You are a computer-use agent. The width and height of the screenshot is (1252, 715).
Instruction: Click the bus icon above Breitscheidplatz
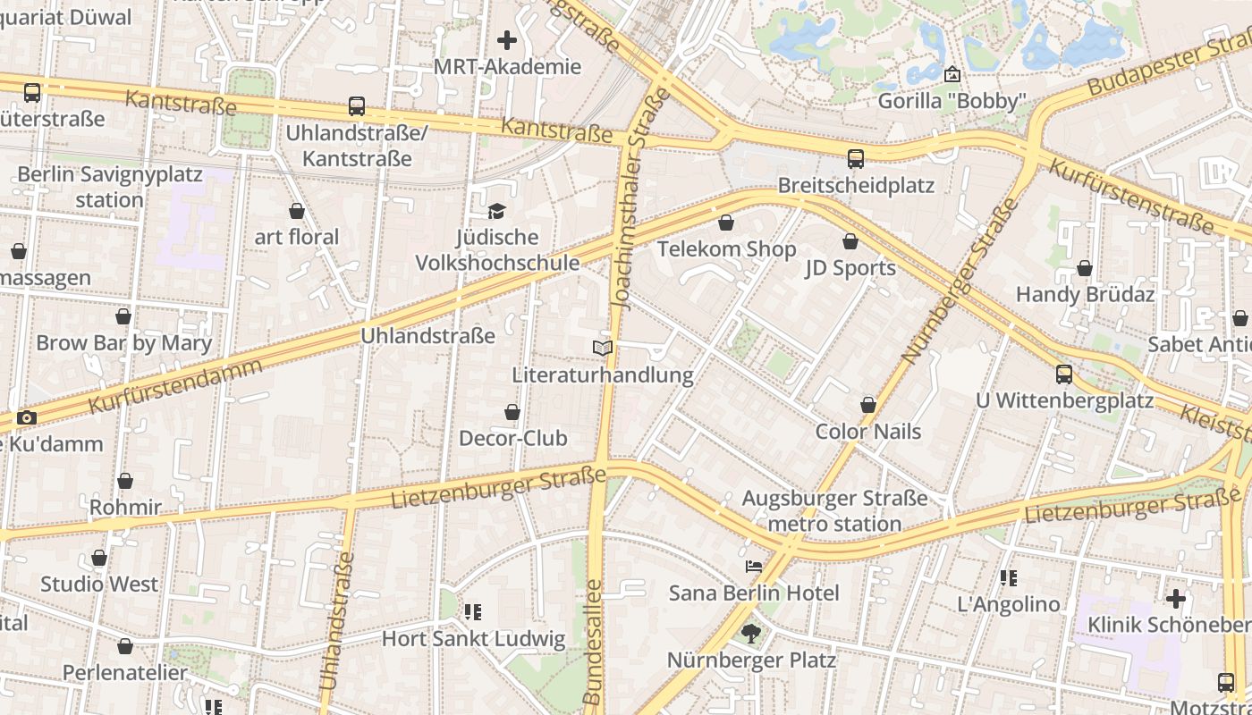click(856, 159)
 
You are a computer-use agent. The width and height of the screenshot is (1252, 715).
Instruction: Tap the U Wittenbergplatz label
click(1064, 400)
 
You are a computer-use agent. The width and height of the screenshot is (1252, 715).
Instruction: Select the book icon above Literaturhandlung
click(603, 348)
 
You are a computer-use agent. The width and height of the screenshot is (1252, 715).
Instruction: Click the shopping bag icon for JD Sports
click(850, 241)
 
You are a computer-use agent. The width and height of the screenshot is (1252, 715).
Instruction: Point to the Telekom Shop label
click(726, 249)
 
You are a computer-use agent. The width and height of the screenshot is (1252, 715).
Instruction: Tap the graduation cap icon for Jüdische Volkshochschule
click(496, 211)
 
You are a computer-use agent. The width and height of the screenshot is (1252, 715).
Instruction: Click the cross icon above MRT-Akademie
click(507, 40)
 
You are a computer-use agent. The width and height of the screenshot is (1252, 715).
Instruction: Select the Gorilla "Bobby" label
click(951, 101)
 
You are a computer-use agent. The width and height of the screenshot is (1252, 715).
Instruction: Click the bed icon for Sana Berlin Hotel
click(754, 567)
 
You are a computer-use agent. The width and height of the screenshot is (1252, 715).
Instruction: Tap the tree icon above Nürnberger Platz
click(750, 634)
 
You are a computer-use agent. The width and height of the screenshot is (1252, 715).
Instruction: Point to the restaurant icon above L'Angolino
click(1009, 578)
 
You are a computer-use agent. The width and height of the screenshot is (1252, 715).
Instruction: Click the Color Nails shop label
click(867, 432)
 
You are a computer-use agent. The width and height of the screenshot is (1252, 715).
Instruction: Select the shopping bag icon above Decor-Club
click(512, 412)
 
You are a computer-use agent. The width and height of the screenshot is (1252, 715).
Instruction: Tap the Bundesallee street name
click(594, 640)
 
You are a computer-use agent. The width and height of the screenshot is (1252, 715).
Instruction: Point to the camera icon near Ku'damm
click(27, 417)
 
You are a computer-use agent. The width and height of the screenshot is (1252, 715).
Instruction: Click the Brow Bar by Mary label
click(123, 343)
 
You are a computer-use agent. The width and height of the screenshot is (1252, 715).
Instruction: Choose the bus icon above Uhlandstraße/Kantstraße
click(356, 106)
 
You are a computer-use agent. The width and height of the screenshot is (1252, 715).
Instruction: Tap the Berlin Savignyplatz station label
click(109, 187)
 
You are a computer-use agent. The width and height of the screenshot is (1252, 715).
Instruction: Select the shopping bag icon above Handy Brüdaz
click(1084, 268)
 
